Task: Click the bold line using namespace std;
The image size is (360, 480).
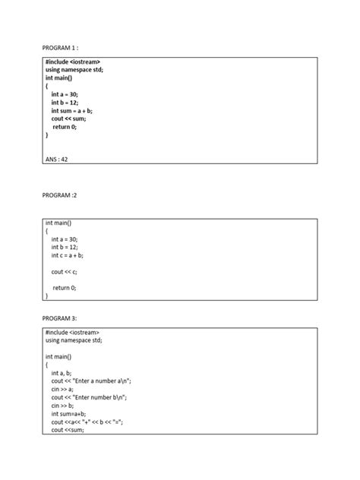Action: coord(84,69)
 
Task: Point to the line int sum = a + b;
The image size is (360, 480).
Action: coord(77,110)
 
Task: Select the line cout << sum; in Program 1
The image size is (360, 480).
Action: coord(69,118)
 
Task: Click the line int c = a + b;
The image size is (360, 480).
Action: coord(72,255)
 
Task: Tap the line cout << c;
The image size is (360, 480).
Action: coord(65,271)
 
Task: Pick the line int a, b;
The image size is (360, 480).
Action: coord(62,373)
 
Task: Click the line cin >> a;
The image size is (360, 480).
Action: coord(63,389)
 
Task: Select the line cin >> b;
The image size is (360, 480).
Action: coord(63,406)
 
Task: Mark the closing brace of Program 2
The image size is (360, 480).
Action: coord(46,295)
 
